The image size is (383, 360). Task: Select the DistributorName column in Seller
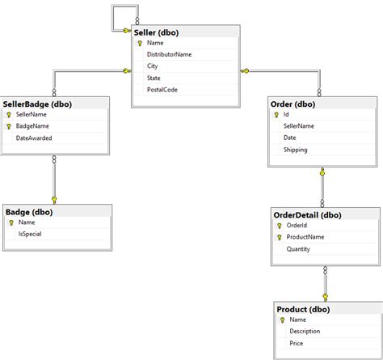[169, 54]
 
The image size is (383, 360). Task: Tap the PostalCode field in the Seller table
[162, 89]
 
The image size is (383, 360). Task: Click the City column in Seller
[153, 66]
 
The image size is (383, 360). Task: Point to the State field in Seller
[154, 78]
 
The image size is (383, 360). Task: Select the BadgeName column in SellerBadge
[34, 126]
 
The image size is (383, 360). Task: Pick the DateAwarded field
[34, 138]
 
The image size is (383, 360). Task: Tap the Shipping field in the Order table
[295, 150]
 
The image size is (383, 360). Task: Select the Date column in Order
[289, 138]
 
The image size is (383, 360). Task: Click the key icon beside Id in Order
[275, 115]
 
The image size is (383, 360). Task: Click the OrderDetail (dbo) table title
[308, 214]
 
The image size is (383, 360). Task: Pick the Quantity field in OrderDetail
[298, 249]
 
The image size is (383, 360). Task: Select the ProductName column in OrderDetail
[305, 237]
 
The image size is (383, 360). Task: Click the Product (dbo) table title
[303, 309]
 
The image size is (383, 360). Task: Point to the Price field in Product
[297, 343]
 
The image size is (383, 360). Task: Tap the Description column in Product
[305, 331]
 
